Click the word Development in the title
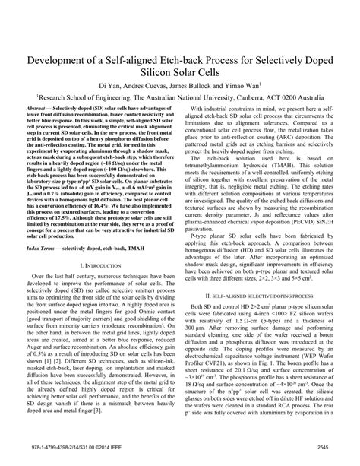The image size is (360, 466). click(x=68, y=59)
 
